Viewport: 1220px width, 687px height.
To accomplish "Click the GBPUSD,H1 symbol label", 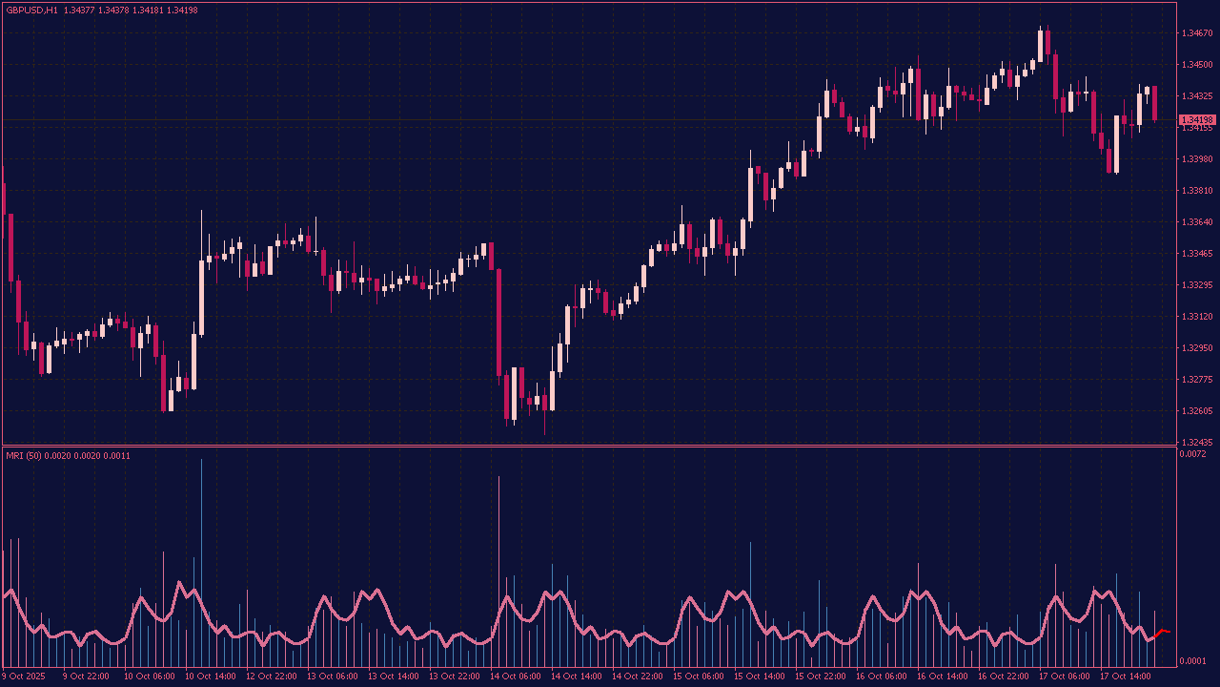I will [31, 10].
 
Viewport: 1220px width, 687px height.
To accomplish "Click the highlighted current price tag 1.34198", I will [1197, 120].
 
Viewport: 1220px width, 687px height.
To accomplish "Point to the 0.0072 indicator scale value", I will [1192, 454].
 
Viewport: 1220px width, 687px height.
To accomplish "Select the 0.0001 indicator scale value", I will [1192, 661].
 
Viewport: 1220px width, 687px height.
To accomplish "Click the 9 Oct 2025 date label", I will [25, 677].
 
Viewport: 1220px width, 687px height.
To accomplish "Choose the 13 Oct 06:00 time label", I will [333, 677].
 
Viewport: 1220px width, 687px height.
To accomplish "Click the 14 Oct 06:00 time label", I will [515, 677].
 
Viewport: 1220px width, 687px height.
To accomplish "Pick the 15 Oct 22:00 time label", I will [821, 677].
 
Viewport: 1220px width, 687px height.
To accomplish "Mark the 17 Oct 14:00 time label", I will [1126, 677].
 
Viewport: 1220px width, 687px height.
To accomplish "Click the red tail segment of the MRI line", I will [1161, 633].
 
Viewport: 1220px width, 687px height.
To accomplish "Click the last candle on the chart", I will [1154, 103].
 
